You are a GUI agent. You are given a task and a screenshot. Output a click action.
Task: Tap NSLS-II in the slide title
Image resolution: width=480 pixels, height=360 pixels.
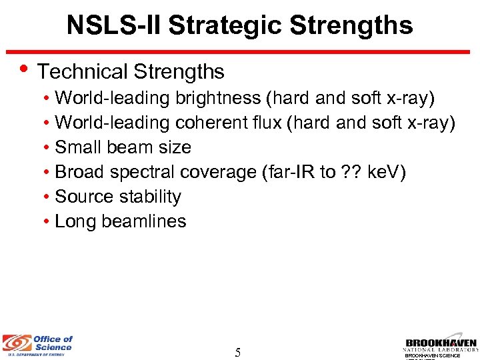click(x=113, y=26)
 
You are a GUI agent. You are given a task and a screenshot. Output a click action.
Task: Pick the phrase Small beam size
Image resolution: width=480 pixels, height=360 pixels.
click(x=123, y=147)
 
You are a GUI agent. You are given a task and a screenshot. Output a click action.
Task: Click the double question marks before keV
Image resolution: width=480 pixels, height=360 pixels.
click(x=349, y=172)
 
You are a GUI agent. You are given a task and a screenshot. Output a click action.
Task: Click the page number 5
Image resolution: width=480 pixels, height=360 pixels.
click(x=237, y=352)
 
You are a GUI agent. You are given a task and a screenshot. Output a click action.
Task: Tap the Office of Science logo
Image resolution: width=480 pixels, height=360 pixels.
click(x=37, y=345)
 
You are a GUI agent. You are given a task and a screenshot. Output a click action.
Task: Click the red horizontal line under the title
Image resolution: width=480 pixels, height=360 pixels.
click(x=240, y=51)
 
